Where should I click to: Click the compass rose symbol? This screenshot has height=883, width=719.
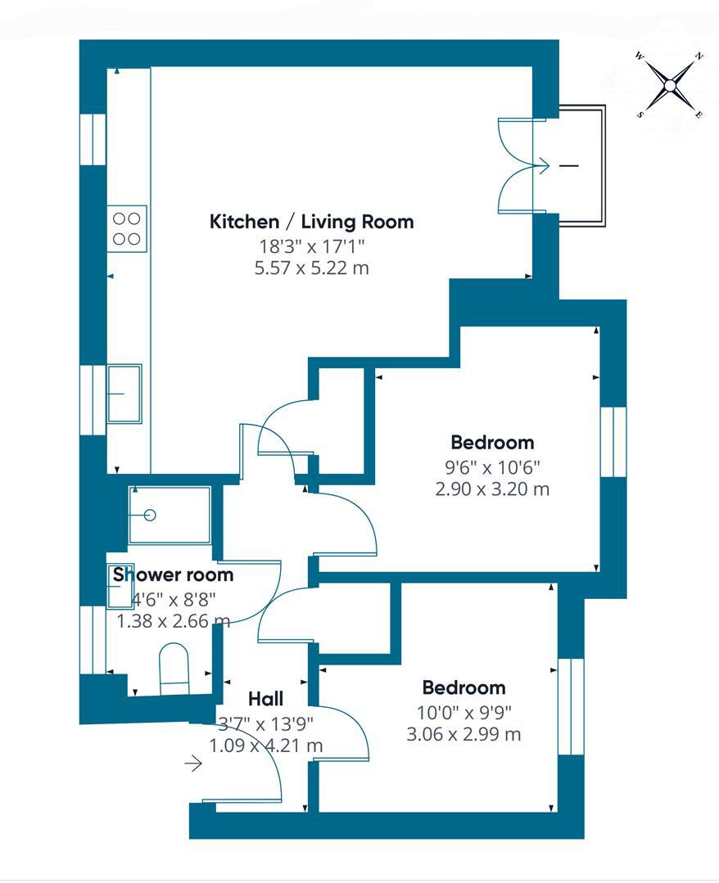(x=669, y=84)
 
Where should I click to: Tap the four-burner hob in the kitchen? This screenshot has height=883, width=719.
(x=126, y=228)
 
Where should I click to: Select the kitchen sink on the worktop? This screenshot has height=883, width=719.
(x=124, y=394)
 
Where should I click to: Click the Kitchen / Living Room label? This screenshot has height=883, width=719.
(x=311, y=222)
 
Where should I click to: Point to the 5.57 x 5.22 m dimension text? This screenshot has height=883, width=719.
(x=311, y=268)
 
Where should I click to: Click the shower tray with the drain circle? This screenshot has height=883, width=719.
(x=170, y=515)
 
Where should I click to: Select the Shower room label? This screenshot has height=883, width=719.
(x=173, y=574)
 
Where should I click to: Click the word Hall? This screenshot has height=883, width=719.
(x=265, y=699)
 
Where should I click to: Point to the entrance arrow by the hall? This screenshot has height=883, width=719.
(x=193, y=764)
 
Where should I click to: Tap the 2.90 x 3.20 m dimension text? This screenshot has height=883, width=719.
(x=492, y=489)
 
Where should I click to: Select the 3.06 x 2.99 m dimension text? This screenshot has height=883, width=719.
(x=464, y=734)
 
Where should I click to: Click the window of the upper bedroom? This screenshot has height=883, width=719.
(x=613, y=441)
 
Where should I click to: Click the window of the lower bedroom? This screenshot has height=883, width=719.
(x=571, y=705)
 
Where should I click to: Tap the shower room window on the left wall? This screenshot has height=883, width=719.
(x=98, y=638)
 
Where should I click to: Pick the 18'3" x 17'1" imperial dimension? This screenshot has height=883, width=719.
(x=311, y=246)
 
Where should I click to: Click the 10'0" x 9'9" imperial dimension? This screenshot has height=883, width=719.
(x=464, y=711)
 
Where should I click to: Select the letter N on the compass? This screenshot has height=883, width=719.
(x=699, y=56)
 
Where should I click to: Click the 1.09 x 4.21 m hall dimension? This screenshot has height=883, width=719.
(x=265, y=746)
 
